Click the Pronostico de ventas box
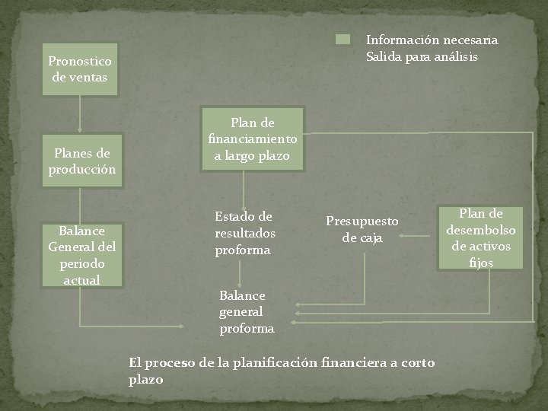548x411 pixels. (x=79, y=68)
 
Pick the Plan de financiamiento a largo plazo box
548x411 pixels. (x=253, y=139)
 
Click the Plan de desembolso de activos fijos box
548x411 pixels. (x=481, y=237)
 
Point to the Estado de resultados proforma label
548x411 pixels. (x=244, y=233)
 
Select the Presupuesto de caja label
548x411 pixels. (x=362, y=229)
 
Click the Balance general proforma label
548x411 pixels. (x=246, y=311)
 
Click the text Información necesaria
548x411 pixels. (x=432, y=40)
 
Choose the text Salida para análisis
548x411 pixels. (x=422, y=56)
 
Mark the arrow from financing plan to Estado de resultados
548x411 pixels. (x=244, y=189)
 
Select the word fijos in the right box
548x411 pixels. (x=481, y=263)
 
